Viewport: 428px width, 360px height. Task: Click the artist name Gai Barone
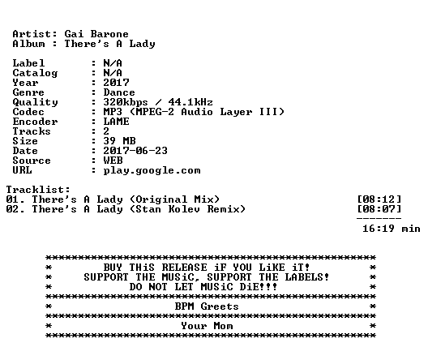(x=96, y=34)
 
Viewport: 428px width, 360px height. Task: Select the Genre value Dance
(x=119, y=92)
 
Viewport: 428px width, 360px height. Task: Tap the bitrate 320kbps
(x=126, y=102)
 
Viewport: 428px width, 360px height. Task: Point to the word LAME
(x=116, y=122)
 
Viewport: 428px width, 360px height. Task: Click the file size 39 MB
(x=119, y=141)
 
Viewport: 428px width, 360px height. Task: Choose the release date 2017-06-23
(x=135, y=151)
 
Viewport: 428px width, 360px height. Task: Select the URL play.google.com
(x=152, y=170)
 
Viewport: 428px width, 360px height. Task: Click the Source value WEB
(x=113, y=161)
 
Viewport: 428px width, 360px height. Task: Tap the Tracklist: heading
(x=38, y=190)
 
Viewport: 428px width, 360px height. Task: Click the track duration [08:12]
(x=379, y=199)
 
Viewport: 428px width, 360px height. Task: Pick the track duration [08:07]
(x=379, y=209)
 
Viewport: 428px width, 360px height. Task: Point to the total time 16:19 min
(x=392, y=229)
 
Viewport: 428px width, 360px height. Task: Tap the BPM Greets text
(x=207, y=306)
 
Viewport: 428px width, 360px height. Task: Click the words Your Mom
(x=207, y=326)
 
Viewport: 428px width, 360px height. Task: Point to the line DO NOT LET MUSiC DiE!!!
(x=203, y=287)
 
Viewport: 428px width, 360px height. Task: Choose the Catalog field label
(x=35, y=73)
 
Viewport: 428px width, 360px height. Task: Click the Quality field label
(x=35, y=102)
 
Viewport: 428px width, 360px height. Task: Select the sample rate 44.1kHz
(x=190, y=102)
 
